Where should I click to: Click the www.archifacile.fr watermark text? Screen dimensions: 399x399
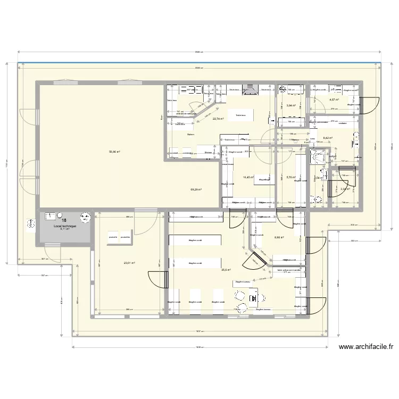coord(365,347)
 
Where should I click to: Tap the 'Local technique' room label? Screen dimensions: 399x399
coord(65,226)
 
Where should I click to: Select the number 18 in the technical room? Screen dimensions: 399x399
coord(64,220)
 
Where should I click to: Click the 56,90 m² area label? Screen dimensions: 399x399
coord(114,152)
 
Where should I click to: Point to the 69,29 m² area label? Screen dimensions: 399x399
coord(196,189)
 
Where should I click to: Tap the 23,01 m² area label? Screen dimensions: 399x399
coord(129,262)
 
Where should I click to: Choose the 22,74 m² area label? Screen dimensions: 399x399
coord(218,119)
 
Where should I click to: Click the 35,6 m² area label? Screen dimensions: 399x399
coord(226,270)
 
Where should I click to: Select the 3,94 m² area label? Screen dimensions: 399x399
coord(290,105)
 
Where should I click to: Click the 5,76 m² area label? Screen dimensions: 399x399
coord(290,178)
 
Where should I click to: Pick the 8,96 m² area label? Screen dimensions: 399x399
coord(279,238)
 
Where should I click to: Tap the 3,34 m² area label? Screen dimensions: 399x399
coord(344,188)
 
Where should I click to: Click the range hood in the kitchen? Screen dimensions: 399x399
coord(250,90)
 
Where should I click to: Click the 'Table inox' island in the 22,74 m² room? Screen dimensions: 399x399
coord(240,115)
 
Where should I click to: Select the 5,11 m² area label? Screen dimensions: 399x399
coord(64,230)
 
